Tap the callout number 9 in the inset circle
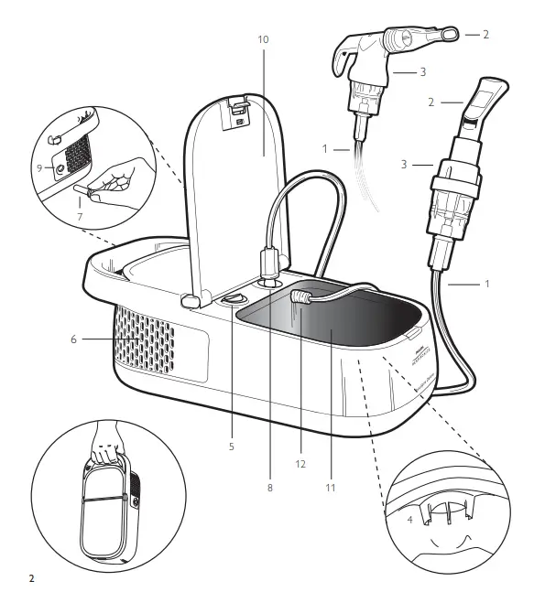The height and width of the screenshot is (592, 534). pos(39,167)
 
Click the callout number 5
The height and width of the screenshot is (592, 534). pos(232,447)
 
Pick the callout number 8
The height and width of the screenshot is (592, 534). pos(269,488)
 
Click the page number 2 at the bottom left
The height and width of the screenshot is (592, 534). pos(32,577)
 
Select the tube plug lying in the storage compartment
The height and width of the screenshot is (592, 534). pos(300,296)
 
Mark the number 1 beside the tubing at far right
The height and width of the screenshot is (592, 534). pos(487,283)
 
